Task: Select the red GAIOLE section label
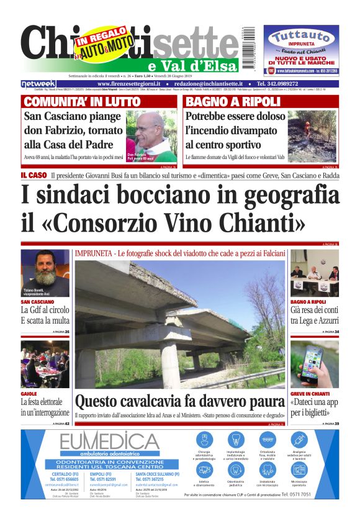[x=29, y=394]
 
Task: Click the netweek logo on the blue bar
[x=38, y=83]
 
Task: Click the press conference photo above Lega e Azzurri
[x=315, y=273]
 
